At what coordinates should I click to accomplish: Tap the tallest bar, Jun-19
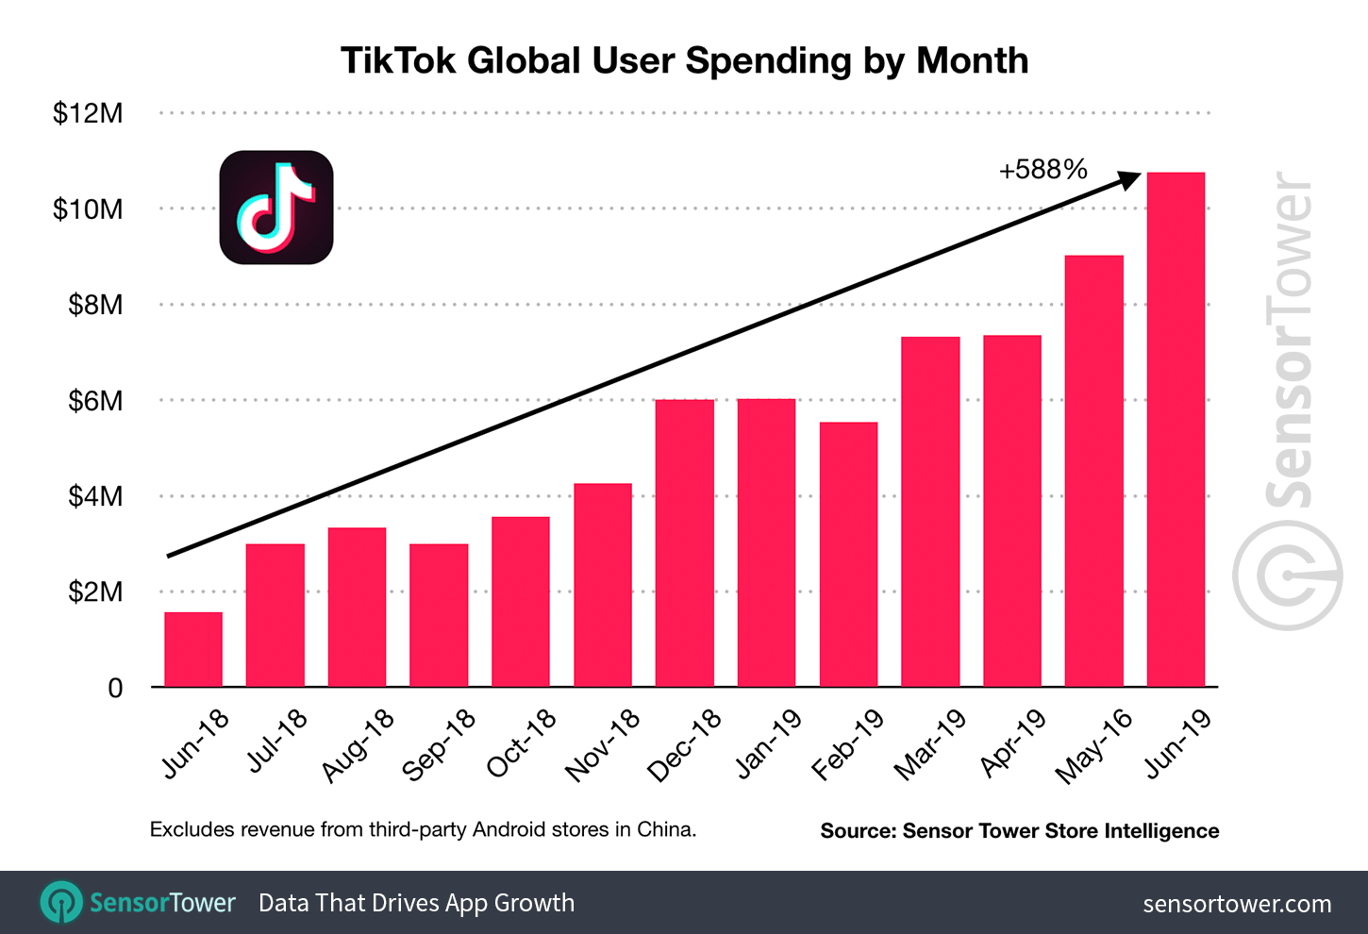point(1176,429)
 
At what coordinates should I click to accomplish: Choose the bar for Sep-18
point(439,615)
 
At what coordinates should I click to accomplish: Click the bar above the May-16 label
point(1093,471)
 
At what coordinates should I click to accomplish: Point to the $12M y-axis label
point(88,113)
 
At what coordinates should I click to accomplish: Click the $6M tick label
point(95,401)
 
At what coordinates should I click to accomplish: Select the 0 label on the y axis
point(115,688)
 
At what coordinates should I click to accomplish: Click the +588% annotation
point(1043,170)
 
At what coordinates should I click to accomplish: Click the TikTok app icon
point(276,208)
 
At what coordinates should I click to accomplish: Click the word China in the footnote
point(665,829)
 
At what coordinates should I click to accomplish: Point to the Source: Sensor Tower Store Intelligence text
point(1019,830)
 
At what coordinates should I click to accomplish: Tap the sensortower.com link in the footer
point(1237,904)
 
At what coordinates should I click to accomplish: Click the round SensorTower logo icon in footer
point(61,903)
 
